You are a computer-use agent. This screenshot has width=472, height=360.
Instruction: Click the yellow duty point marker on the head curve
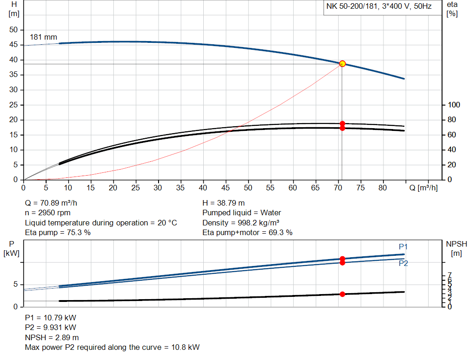click(342, 64)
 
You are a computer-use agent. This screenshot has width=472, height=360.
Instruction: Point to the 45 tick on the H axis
click(13, 45)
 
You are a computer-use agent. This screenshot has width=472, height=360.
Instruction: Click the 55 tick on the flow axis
click(271, 188)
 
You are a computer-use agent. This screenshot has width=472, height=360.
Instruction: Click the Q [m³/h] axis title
click(423, 188)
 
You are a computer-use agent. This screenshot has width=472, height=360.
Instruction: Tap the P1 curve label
click(403, 247)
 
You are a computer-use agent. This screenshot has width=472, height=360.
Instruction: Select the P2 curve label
click(403, 263)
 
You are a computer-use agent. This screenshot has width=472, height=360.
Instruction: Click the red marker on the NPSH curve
click(342, 294)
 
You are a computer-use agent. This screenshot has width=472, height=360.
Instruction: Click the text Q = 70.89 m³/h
click(54, 203)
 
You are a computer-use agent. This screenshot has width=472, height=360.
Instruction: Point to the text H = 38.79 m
click(224, 203)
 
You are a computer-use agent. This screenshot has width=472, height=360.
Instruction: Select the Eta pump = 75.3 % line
click(58, 232)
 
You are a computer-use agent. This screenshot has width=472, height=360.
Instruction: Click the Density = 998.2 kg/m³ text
click(241, 223)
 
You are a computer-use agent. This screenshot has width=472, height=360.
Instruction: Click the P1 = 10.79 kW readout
click(50, 318)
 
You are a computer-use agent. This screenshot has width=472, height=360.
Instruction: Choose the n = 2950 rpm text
click(48, 212)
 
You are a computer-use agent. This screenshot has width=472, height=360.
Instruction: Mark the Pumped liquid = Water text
click(242, 212)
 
